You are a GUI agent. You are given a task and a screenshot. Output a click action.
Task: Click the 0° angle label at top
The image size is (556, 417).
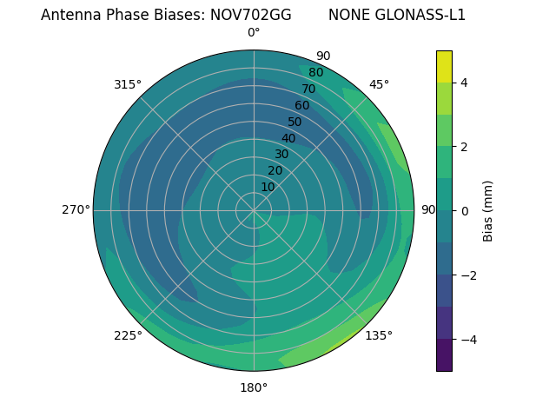click(x=254, y=33)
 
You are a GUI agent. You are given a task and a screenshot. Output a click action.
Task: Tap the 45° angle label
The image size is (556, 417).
click(x=379, y=84)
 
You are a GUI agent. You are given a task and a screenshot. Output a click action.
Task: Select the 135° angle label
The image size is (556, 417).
click(x=379, y=335)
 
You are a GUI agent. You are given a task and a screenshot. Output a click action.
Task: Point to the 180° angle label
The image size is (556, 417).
click(x=254, y=387)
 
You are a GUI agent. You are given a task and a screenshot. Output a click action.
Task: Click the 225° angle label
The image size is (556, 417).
click(x=128, y=335)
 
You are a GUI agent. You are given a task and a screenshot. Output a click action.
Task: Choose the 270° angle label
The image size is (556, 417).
click(x=76, y=209)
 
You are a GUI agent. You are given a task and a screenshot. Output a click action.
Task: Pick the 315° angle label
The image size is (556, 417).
click(x=128, y=84)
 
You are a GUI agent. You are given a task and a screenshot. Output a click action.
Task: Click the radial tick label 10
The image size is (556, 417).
click(x=268, y=187)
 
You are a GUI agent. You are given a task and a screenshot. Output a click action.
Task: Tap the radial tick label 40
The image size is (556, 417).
click(x=288, y=138)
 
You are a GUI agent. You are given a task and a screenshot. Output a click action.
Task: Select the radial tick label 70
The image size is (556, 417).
click(x=308, y=89)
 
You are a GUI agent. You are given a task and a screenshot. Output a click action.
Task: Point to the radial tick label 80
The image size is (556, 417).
click(x=315, y=72)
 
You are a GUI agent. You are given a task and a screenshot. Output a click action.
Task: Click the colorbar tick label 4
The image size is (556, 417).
click(x=465, y=83)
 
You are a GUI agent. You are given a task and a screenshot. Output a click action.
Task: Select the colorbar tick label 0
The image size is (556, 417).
click(x=465, y=211)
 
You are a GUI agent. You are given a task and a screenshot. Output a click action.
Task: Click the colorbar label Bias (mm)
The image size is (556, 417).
click(x=488, y=211)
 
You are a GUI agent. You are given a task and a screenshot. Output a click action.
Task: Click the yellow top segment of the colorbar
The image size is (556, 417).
click(x=444, y=66)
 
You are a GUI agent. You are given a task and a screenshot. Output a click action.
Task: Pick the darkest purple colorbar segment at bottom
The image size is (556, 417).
click(x=444, y=355)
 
